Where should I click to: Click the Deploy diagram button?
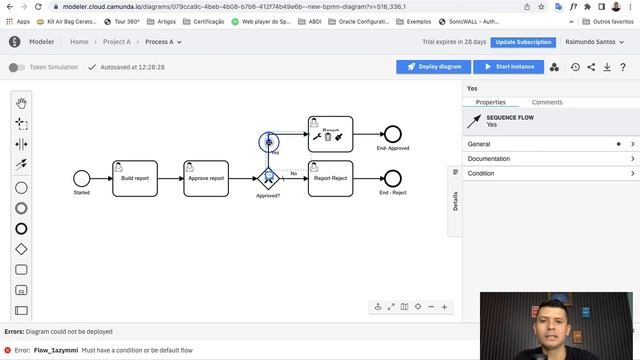click(x=433, y=67)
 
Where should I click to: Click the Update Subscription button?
click(x=523, y=42)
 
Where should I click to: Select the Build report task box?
click(x=135, y=178)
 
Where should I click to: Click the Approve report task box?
click(x=206, y=178)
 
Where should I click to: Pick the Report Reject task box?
click(x=330, y=178)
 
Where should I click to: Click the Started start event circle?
click(x=82, y=178)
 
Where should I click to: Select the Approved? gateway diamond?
click(x=268, y=178)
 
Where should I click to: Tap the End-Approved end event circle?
click(x=393, y=134)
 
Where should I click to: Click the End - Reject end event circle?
click(x=393, y=178)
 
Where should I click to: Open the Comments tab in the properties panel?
click(x=547, y=102)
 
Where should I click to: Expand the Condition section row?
click(x=551, y=173)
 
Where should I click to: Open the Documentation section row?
click(x=551, y=159)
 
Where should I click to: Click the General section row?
click(x=551, y=144)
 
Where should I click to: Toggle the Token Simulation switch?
click(x=16, y=67)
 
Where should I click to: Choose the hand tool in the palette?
click(x=21, y=103)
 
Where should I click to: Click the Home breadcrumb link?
click(x=79, y=42)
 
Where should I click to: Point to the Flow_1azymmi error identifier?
click(x=56, y=351)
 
